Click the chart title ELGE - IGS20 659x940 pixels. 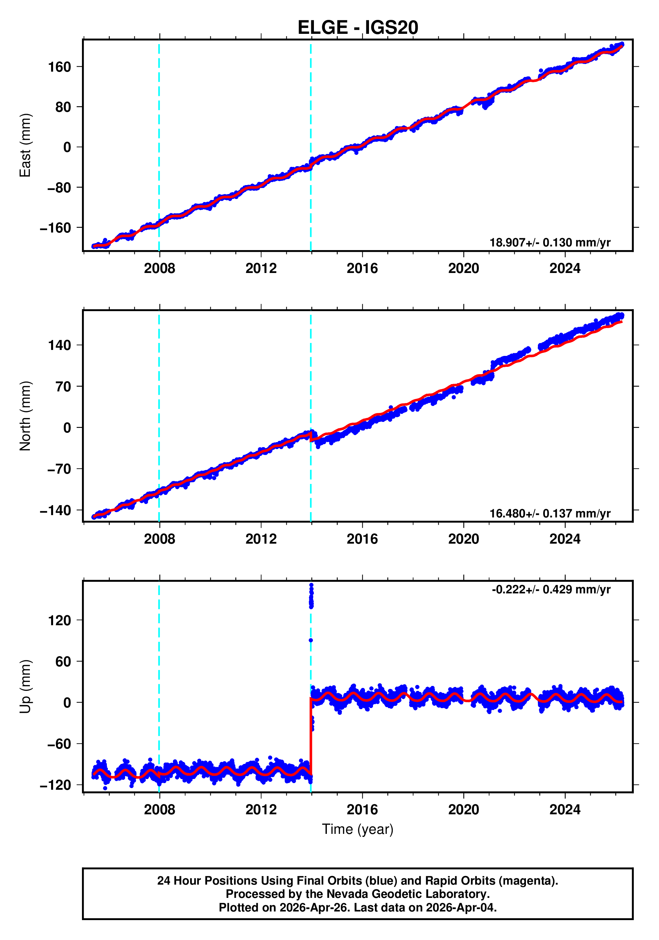pos(358,28)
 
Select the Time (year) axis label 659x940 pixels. pos(358,829)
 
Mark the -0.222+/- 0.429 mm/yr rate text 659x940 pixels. pos(551,589)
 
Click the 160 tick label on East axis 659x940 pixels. pos(59,67)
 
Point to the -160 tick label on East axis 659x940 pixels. pos(55,228)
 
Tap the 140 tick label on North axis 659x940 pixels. pos(59,345)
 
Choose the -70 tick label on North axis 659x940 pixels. pos(59,469)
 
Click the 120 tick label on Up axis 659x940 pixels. pos(59,620)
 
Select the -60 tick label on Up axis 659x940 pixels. pos(59,744)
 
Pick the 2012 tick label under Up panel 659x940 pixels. pos(261,810)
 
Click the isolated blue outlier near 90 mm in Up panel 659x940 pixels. pos(311,640)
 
